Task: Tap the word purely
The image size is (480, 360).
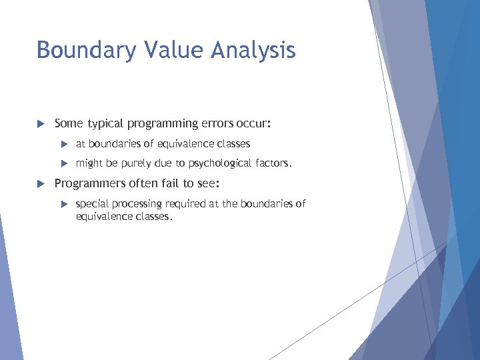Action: pos(139,163)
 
